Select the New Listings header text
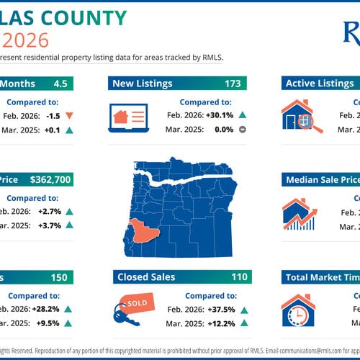(142, 84)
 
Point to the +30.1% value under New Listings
(216, 115)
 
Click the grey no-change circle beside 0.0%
(243, 130)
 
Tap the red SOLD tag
(136, 303)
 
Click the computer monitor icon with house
(130, 119)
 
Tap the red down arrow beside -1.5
(68, 115)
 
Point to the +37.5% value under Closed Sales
(217, 309)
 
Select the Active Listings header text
(320, 84)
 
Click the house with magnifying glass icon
(301, 117)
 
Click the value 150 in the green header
(59, 277)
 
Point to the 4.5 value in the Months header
(60, 84)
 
